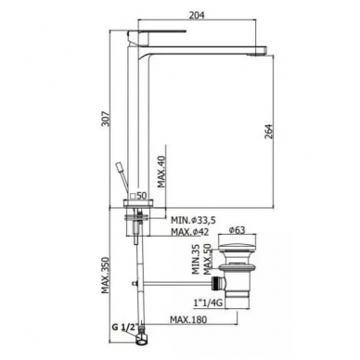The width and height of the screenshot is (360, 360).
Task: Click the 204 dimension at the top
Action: coord(197,15)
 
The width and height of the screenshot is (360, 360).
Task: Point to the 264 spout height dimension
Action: coord(269,132)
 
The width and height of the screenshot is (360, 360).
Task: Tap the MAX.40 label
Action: coord(161,172)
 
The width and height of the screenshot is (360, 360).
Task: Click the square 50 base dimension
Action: coord(138,196)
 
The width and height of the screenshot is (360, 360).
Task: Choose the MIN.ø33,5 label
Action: coord(193,220)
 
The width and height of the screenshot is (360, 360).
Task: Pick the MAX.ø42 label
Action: coord(189,232)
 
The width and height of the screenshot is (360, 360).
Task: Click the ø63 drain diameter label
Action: coord(237,230)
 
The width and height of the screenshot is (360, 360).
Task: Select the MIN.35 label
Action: coord(196,259)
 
